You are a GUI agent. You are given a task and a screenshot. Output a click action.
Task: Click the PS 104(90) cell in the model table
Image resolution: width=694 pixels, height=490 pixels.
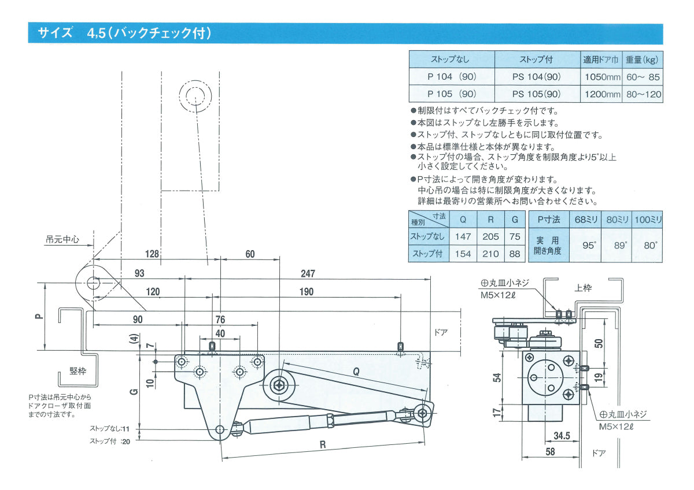coord(537,77)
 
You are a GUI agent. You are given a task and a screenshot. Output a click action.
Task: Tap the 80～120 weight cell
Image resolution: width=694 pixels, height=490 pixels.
coord(643,94)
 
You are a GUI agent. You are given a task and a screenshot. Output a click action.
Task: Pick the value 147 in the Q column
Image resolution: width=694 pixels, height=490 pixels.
coord(463,236)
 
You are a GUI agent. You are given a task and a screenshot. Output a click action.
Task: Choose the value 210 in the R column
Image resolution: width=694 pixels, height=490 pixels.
coord(490,254)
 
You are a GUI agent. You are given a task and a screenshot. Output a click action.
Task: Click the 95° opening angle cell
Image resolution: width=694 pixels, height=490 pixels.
coord(589,245)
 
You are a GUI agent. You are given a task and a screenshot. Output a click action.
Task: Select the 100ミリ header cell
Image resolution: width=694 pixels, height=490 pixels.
coord(648,220)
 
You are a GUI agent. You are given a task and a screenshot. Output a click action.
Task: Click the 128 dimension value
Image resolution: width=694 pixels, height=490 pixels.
coord(152,254)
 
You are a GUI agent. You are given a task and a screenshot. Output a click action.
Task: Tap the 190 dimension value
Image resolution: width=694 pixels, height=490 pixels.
coord(307,292)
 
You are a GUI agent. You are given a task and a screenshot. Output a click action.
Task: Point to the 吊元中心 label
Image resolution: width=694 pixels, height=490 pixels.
coord(62,237)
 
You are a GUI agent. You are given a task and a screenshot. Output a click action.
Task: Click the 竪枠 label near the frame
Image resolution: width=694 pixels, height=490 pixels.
coord(78,371)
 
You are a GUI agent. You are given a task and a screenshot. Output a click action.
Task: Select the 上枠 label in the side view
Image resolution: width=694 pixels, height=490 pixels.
coord(583,287)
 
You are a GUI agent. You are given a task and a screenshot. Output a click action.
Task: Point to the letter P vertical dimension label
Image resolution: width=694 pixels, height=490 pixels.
coord(38,316)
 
